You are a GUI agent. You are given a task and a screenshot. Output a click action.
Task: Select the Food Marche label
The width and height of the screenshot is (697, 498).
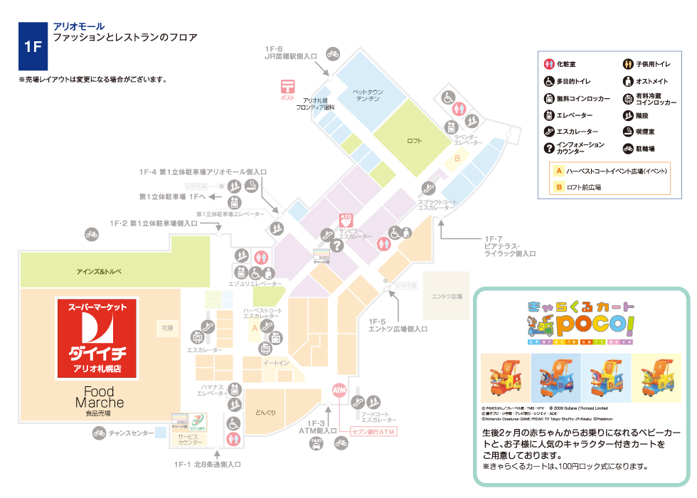pyautogui.click(x=99, y=398)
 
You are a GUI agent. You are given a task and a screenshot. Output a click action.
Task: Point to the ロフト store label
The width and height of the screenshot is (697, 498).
pyautogui.click(x=414, y=141)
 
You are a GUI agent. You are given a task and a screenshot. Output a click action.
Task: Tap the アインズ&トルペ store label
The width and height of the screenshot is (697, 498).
pyautogui.click(x=100, y=272)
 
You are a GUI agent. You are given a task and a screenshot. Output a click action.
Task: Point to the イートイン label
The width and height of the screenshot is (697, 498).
pyautogui.click(x=275, y=364)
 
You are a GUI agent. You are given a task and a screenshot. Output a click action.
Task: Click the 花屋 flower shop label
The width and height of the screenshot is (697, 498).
pyautogui.click(x=167, y=329)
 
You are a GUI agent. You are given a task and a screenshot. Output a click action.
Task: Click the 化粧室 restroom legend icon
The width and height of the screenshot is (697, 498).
pyautogui.click(x=548, y=64)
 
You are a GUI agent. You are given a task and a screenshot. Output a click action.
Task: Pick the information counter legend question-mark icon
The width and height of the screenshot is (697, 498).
pyautogui.click(x=548, y=148)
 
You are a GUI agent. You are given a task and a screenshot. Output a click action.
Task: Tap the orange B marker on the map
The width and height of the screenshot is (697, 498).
pyautogui.click(x=458, y=158)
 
